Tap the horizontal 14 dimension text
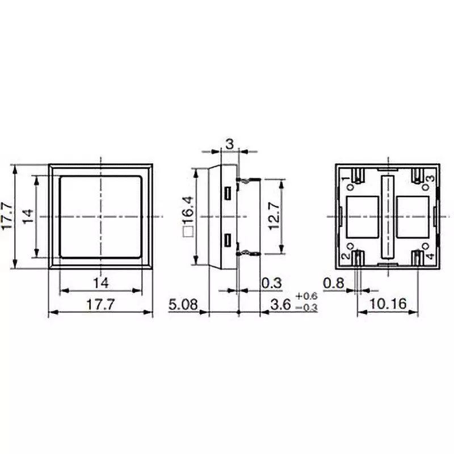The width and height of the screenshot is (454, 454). [x=100, y=282]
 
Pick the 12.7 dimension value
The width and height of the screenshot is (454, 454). [x=274, y=216]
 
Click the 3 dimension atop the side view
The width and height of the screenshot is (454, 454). [x=229, y=145]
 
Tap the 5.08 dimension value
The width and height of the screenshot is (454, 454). [x=183, y=305]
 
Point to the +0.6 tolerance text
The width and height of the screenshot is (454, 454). [x=306, y=297]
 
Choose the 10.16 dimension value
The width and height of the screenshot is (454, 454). [x=388, y=305]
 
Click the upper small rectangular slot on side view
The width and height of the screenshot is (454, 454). [x=227, y=193]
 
